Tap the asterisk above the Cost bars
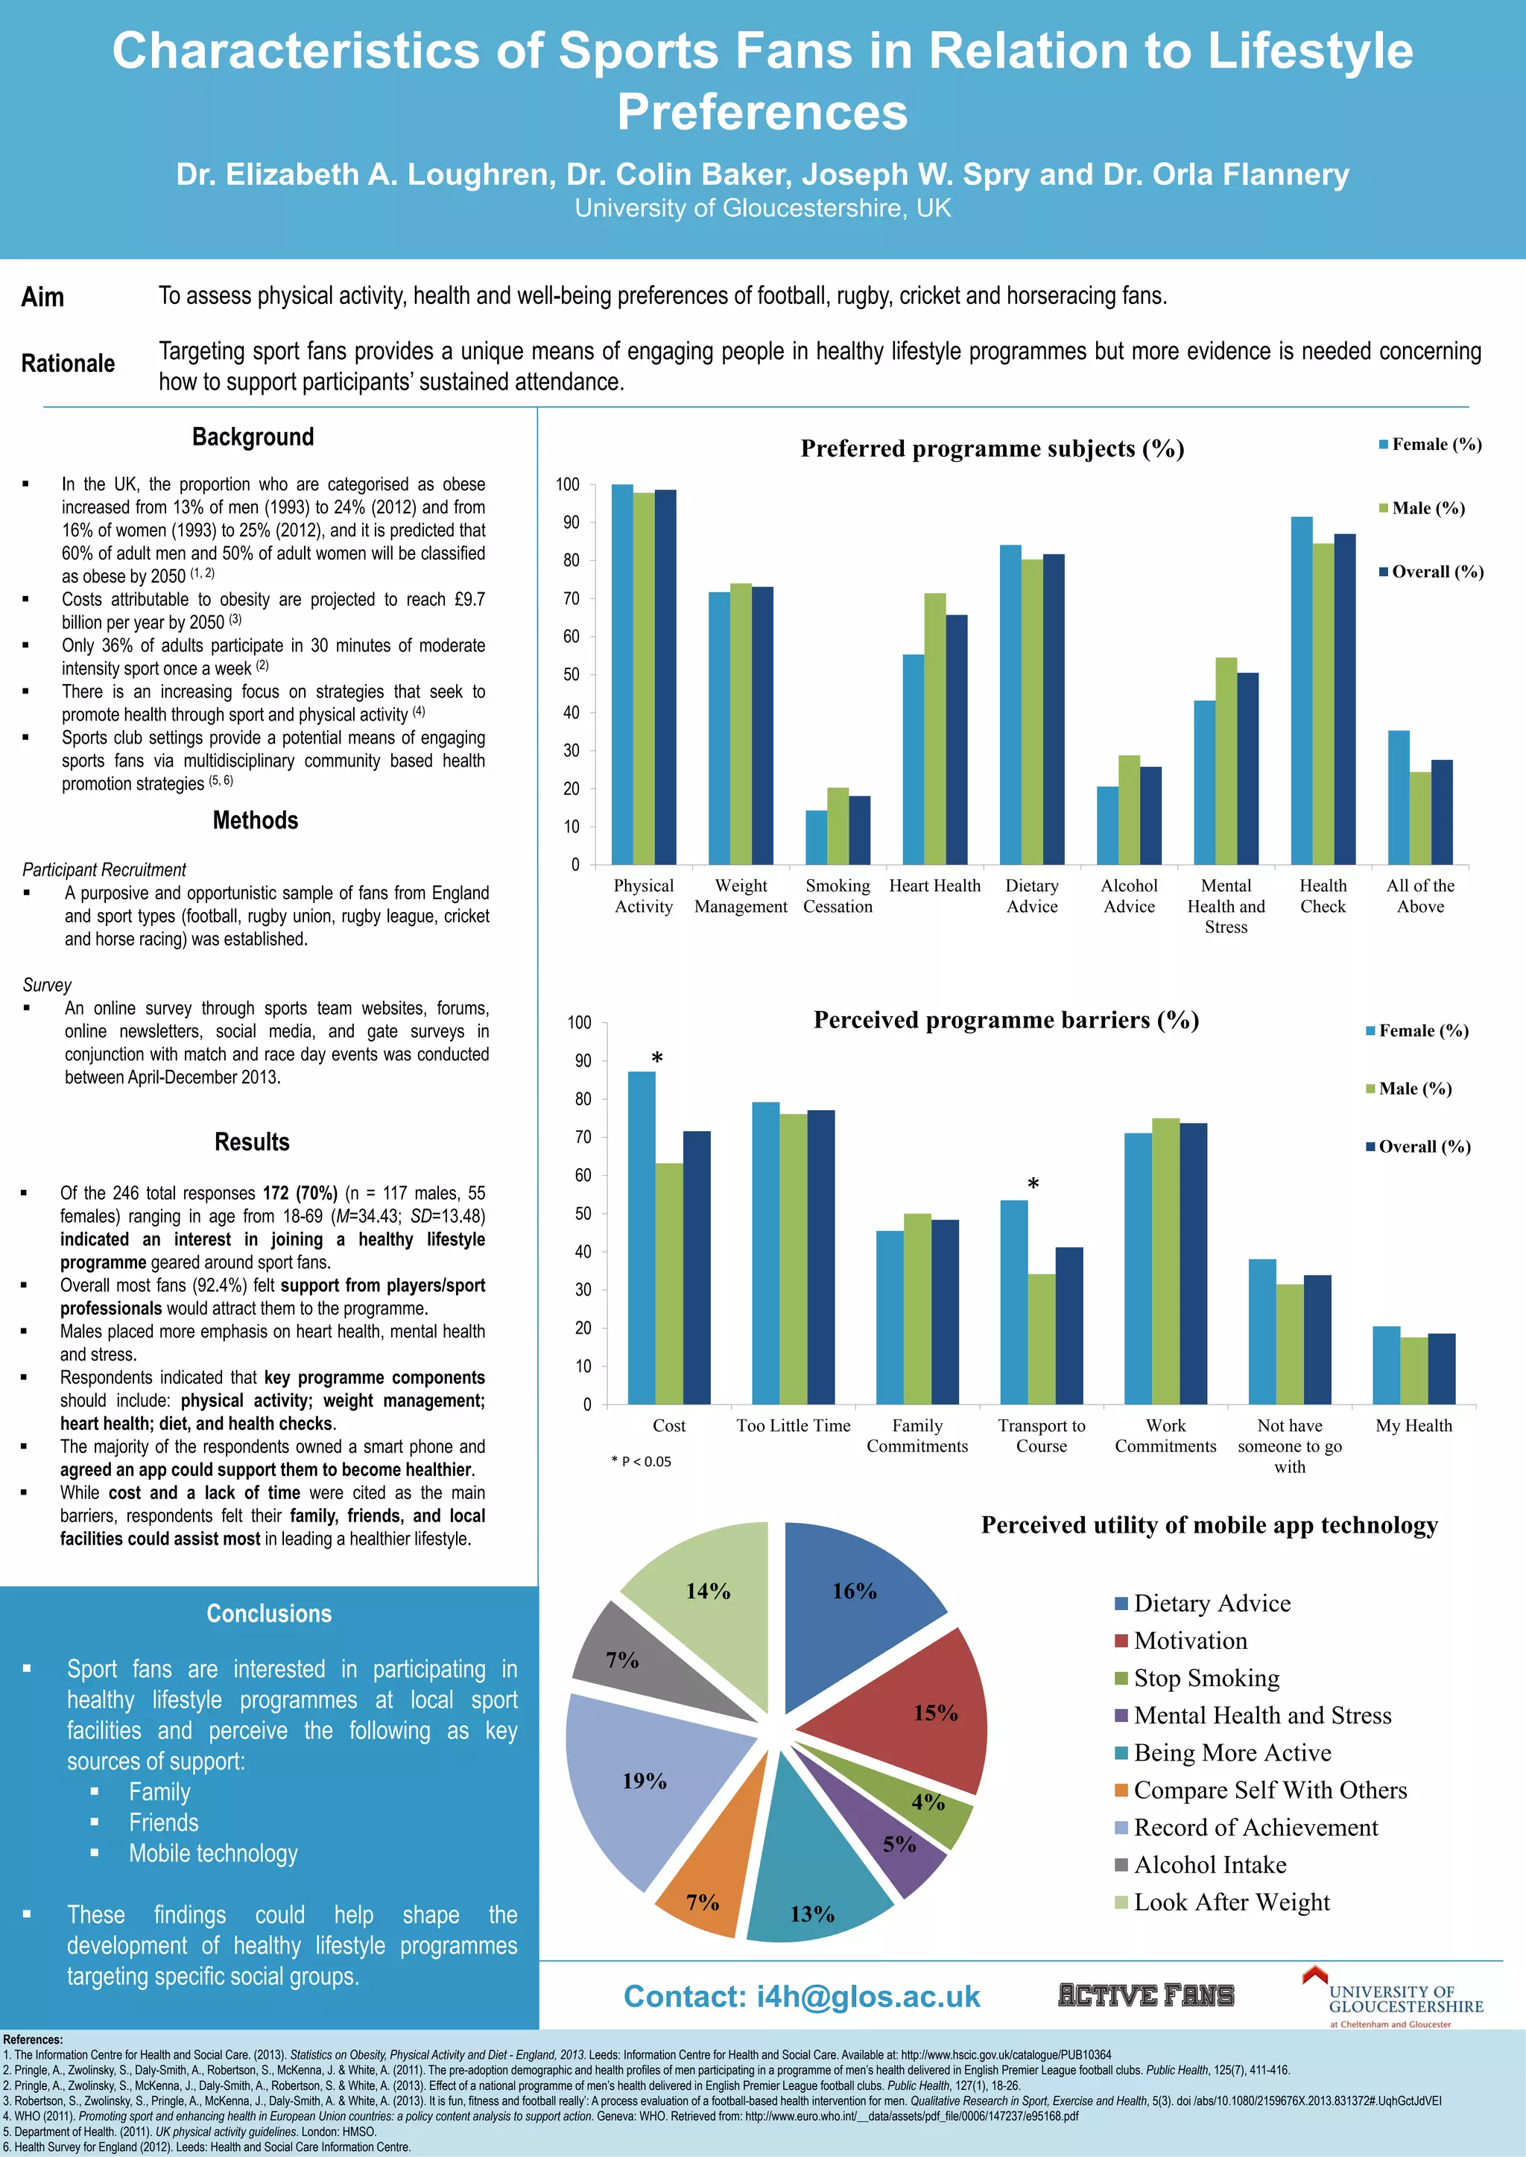[x=656, y=1059]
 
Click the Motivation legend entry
[x=1190, y=1641]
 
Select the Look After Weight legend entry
[x=1231, y=1902]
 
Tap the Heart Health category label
[x=934, y=886]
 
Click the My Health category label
[x=1413, y=1426]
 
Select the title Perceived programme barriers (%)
[x=1005, y=1020]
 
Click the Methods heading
[x=256, y=820]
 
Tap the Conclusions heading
[x=269, y=1613]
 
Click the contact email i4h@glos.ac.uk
[x=802, y=1996]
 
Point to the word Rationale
[x=68, y=364]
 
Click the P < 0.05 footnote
[x=641, y=1461]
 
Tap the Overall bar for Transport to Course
[x=1068, y=1325]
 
